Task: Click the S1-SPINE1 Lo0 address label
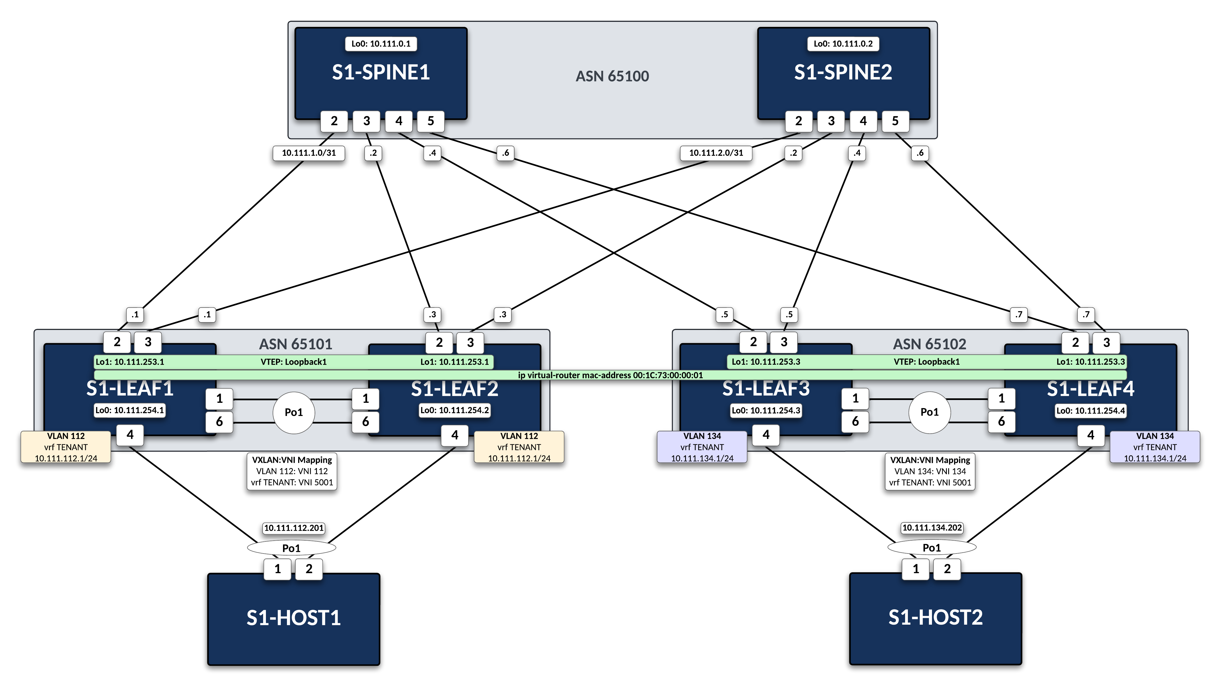pyautogui.click(x=381, y=44)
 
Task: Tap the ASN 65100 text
pyautogui.click(x=612, y=76)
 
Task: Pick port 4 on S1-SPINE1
pyautogui.click(x=398, y=121)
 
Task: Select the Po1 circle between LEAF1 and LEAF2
pyautogui.click(x=294, y=412)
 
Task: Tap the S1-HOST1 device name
pyautogui.click(x=294, y=618)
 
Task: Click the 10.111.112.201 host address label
pyautogui.click(x=294, y=528)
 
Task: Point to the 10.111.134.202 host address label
pyautogui.click(x=932, y=528)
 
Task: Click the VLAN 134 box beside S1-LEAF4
pyautogui.click(x=1155, y=447)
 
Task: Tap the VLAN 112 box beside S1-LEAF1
pyautogui.click(x=66, y=447)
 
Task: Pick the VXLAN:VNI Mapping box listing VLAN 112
pyautogui.click(x=292, y=471)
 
